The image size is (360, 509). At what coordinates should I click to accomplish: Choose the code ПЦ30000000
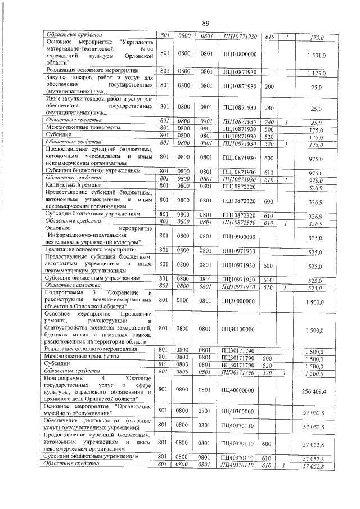pyautogui.click(x=240, y=300)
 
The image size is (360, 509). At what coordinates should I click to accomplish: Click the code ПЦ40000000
pyautogui.click(x=240, y=389)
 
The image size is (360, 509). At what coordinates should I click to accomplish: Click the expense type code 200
pyautogui.click(x=269, y=86)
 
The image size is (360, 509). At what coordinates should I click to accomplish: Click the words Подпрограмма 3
pyautogui.click(x=74, y=292)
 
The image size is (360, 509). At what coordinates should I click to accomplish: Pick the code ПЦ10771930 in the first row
pyautogui.click(x=240, y=37)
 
